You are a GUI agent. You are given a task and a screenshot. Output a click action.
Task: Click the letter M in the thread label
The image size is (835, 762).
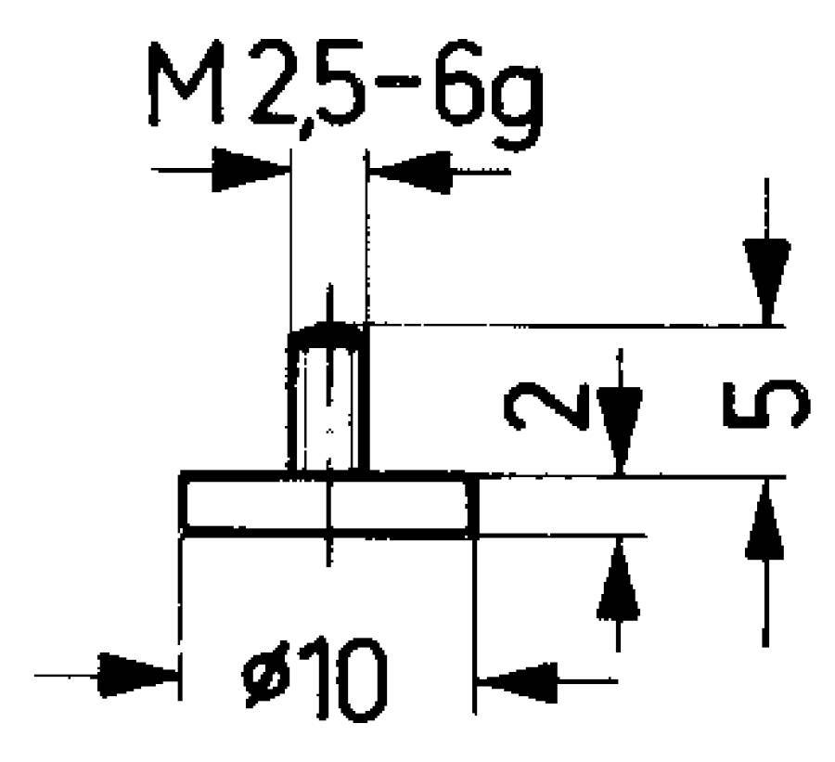[x=186, y=84]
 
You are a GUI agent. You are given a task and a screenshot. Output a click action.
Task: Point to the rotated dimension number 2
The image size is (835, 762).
[x=546, y=406]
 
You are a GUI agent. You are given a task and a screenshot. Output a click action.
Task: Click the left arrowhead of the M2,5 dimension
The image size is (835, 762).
[x=251, y=170]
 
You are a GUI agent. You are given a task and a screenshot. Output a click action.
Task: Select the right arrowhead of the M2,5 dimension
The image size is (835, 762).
[x=410, y=172]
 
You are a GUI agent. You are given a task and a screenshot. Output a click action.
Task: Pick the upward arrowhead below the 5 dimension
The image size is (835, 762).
[x=764, y=520]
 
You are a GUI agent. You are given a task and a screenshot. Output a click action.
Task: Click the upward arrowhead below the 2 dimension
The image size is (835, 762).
[x=618, y=579]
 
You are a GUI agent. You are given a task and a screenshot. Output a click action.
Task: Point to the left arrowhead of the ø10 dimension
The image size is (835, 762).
[x=137, y=676]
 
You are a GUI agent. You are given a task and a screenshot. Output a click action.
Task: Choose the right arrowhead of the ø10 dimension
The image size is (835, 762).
[x=517, y=682]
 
